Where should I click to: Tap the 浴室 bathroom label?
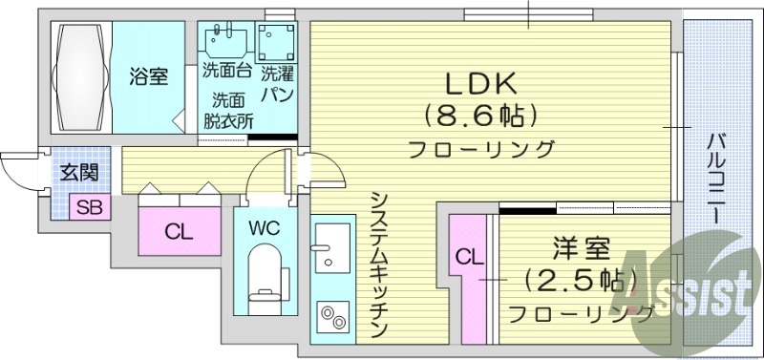[x=149, y=76]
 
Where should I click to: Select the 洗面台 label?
[x=227, y=71]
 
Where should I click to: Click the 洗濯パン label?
[x=278, y=82]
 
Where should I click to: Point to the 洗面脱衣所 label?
[x=228, y=109]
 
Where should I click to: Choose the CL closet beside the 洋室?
[x=467, y=257]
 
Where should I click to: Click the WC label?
[x=264, y=229]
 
